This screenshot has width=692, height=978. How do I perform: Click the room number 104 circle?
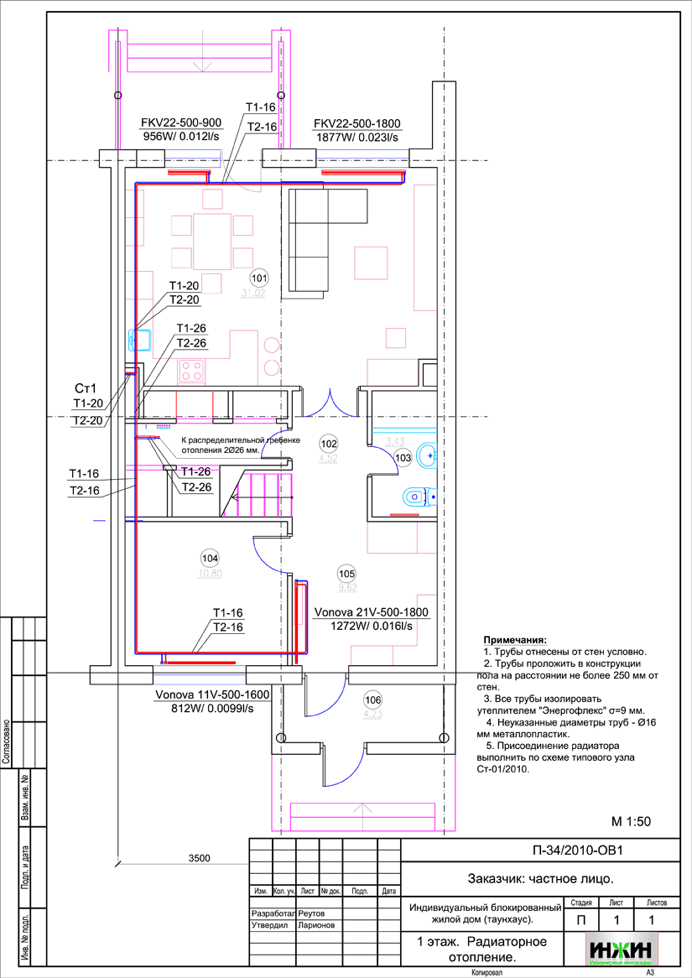pos(209,558)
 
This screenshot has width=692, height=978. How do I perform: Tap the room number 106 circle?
pos(372,700)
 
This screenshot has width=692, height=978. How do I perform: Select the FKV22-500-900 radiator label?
pos(181,123)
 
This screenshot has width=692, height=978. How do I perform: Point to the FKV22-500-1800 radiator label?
pos(357,123)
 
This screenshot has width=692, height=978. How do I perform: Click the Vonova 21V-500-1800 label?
pos(371,613)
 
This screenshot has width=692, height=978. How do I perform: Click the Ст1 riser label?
pos(86,388)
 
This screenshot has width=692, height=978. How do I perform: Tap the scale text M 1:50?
pos(631,822)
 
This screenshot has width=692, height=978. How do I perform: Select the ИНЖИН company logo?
pos(622,949)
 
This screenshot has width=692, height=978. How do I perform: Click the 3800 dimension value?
pos(199,857)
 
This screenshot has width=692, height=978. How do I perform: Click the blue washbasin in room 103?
pos(427,454)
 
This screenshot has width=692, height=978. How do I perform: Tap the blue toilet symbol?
pos(417,498)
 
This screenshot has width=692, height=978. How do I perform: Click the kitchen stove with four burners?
pos(190,370)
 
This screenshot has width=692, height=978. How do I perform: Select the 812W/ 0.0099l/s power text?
pos(211,709)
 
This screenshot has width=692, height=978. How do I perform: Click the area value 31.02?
pos(252,294)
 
